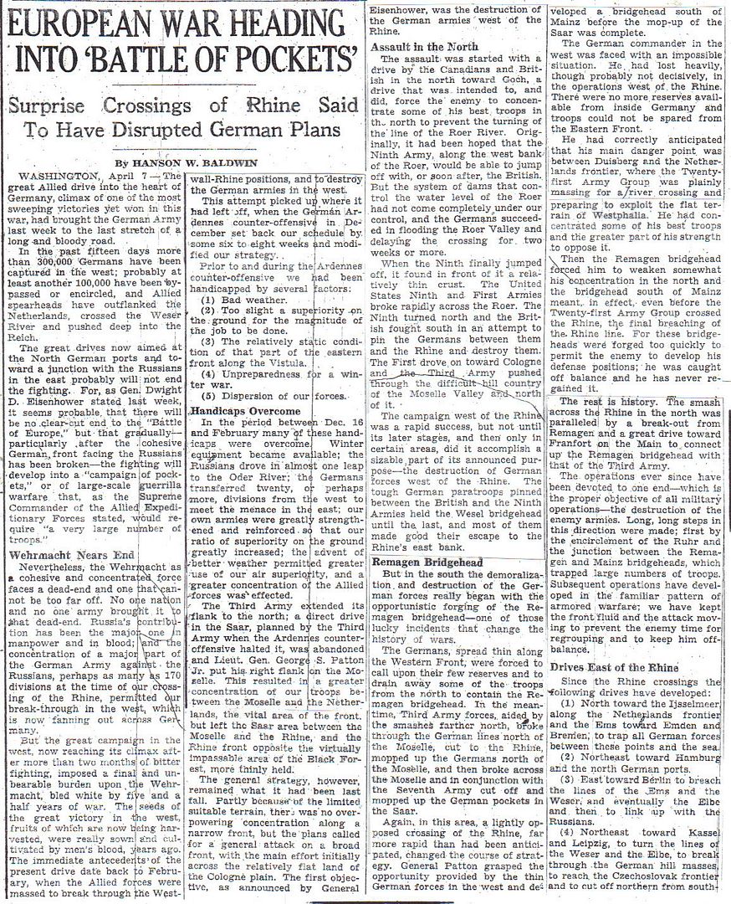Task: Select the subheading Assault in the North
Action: coord(425,47)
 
